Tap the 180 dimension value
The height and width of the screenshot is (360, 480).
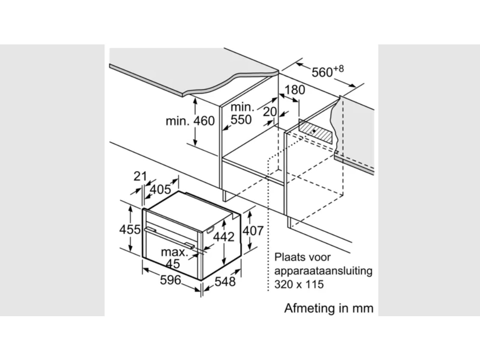[x=295, y=90]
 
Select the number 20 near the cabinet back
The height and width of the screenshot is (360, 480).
[x=270, y=112]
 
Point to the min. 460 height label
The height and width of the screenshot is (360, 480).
[x=190, y=121]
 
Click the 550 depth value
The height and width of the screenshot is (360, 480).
[x=241, y=120]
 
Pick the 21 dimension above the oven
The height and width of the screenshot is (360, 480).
[x=140, y=176]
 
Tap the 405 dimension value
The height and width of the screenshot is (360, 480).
[x=160, y=189]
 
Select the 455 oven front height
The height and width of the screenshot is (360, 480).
[x=130, y=229]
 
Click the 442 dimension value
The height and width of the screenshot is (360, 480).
[x=224, y=237]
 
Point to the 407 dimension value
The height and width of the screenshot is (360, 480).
[x=253, y=231]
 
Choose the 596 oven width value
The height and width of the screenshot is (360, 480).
[x=171, y=280]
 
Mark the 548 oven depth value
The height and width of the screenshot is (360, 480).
[x=225, y=281]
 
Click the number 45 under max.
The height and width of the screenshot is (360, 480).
[x=173, y=264]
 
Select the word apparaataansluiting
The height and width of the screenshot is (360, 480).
[x=323, y=271]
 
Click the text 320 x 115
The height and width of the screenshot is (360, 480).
[x=299, y=284]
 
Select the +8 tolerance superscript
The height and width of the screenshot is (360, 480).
[x=338, y=69]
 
